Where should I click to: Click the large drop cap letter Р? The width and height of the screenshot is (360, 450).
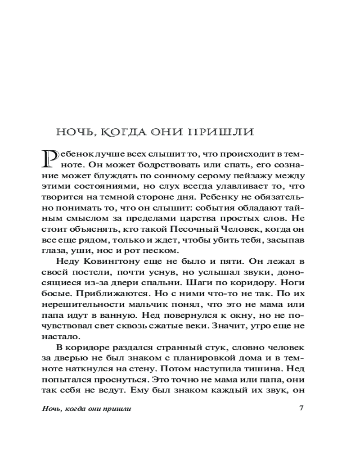[x=49, y=158]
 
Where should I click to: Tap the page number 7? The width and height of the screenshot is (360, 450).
[x=302, y=409]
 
